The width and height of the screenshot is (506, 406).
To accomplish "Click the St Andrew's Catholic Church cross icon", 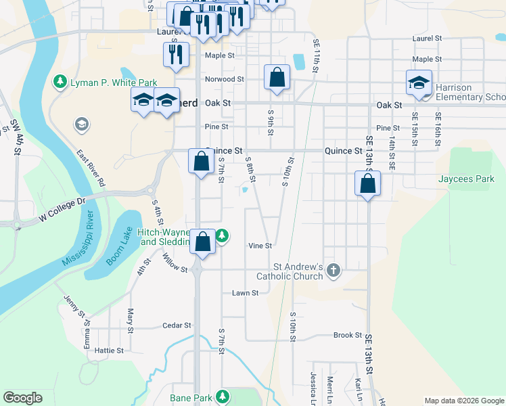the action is click(x=332, y=271).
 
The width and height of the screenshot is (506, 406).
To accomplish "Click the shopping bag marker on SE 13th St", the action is click(x=367, y=183).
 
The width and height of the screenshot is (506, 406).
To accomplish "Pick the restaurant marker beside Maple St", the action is click(x=177, y=54).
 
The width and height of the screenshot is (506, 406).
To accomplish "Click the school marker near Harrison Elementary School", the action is click(x=419, y=83).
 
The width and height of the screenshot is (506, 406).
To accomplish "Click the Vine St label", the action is click(x=260, y=246).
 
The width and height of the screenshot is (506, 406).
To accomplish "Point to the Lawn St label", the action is click(x=246, y=293).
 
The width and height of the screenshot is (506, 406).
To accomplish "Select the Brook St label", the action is click(x=348, y=336).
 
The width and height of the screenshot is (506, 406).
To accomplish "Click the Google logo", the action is click(x=23, y=398).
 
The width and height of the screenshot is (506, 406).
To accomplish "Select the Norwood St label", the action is click(x=224, y=79).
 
